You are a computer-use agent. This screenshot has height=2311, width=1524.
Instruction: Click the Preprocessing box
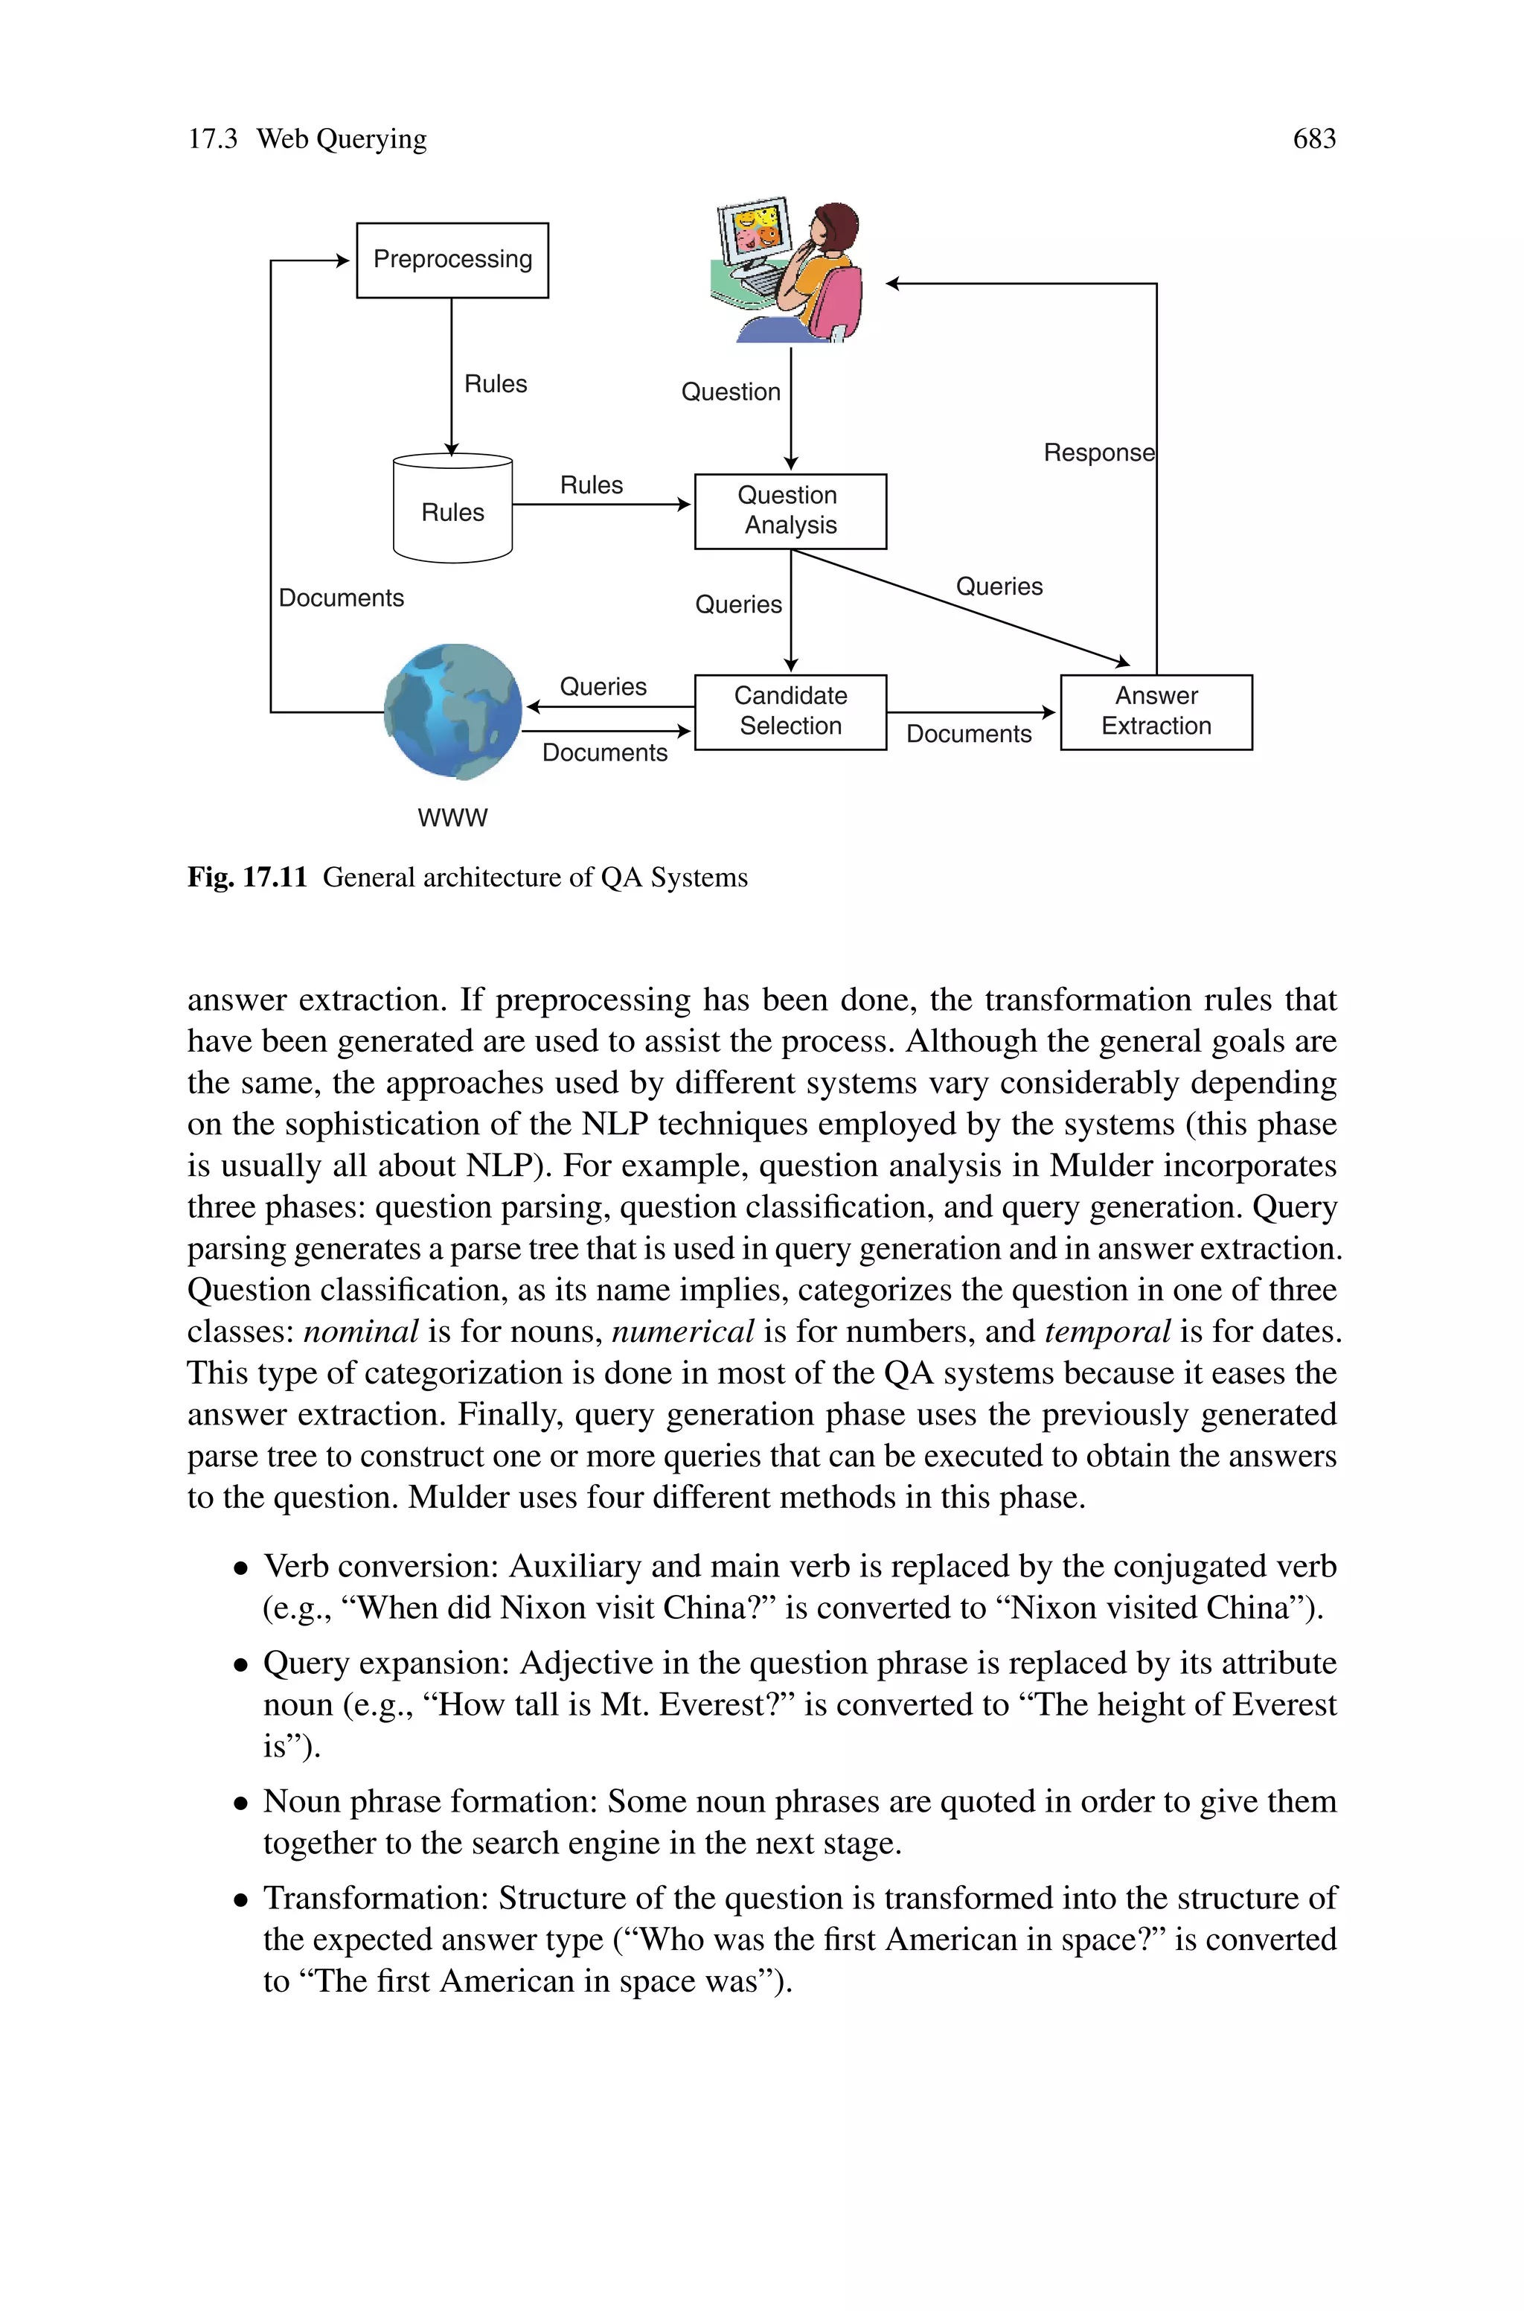coord(452,260)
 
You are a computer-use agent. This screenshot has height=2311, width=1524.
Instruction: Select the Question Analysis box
coord(790,511)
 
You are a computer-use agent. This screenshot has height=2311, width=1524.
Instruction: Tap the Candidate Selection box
coord(790,712)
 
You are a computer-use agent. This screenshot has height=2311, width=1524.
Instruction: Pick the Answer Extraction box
coord(1156,712)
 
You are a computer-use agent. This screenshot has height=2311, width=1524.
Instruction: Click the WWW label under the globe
coord(452,817)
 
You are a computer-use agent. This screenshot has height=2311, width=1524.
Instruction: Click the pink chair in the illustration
coord(838,301)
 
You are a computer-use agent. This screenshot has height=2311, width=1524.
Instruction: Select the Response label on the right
coord(1098,453)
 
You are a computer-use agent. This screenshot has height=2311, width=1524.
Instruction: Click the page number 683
coord(1314,139)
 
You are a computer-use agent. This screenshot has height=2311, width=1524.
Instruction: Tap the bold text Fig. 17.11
coord(247,878)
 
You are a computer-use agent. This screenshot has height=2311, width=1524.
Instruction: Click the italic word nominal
coord(361,1331)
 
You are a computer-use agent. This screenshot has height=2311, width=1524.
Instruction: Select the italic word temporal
coord(1107,1331)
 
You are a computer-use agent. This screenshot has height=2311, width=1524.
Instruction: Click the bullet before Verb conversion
coord(241,1568)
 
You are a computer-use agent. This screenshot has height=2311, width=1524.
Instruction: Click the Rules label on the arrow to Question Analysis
coord(591,485)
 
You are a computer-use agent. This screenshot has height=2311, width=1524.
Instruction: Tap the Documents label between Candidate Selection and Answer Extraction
coord(968,734)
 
